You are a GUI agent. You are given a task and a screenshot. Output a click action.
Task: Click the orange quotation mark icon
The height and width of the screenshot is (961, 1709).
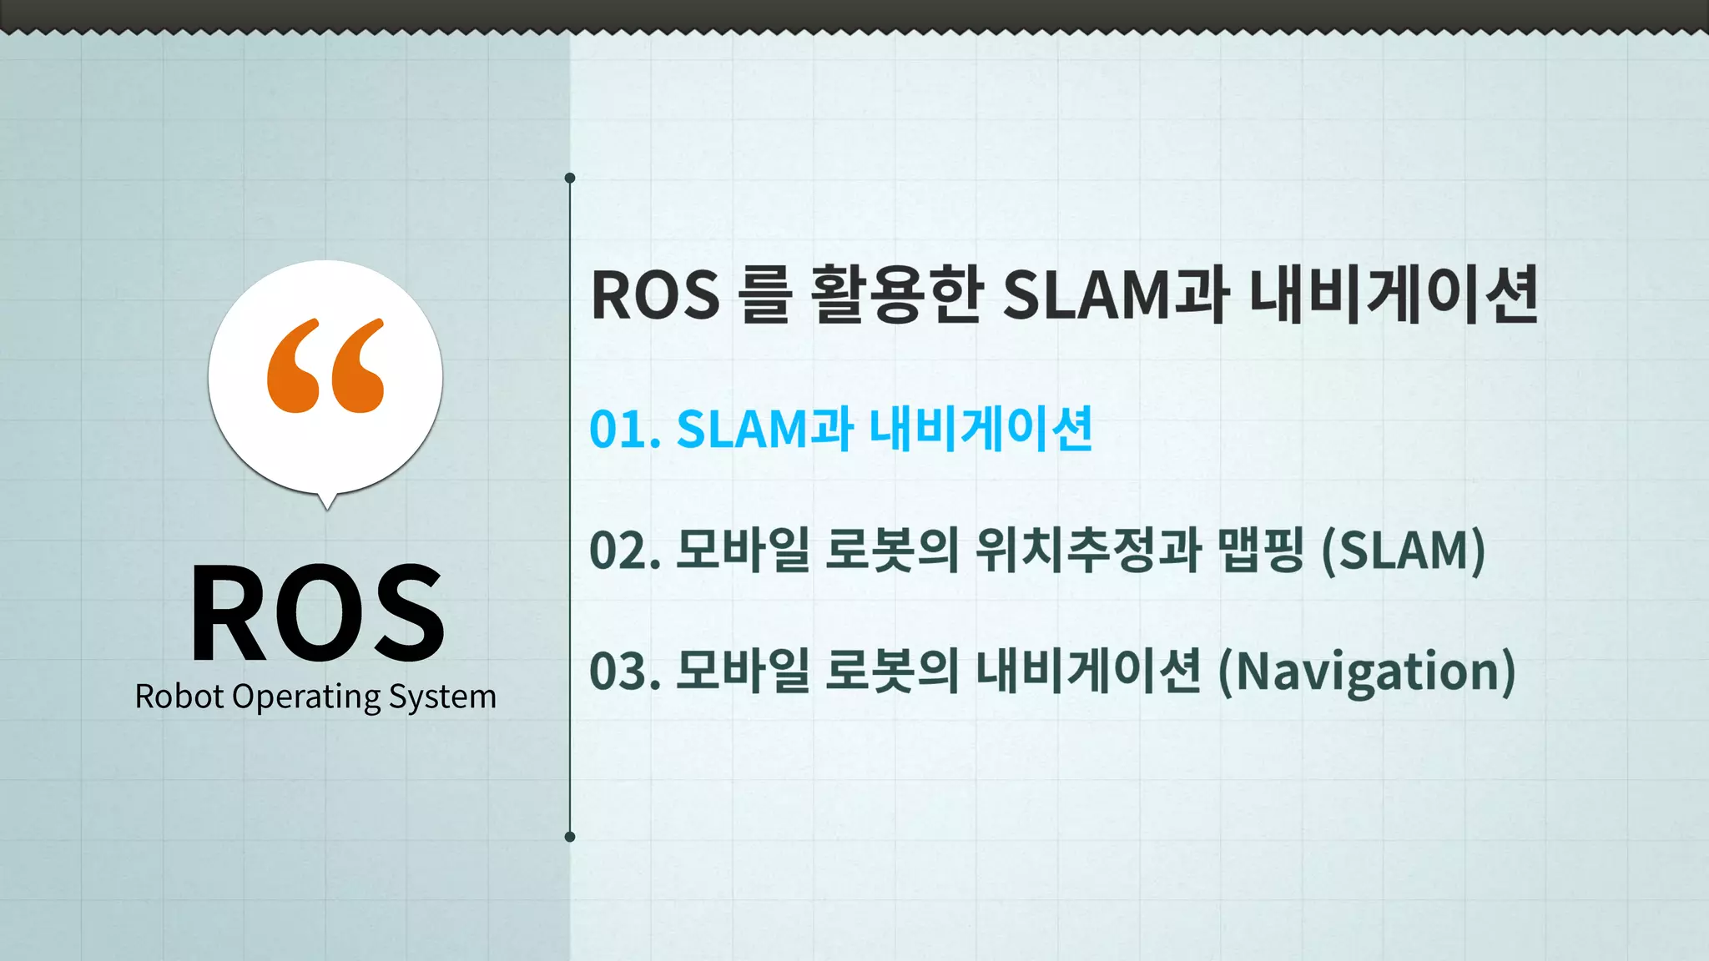(x=325, y=365)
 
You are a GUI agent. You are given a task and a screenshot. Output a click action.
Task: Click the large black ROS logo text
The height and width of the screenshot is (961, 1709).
(x=317, y=612)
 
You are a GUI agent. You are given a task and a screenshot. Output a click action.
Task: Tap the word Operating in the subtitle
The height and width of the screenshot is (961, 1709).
(x=306, y=697)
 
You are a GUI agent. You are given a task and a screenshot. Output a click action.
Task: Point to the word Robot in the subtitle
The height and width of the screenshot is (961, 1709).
(x=179, y=697)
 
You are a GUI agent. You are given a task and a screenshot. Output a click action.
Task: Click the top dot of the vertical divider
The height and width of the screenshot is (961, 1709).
(x=570, y=178)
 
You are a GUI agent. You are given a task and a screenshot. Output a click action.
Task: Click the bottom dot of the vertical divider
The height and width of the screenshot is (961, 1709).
(x=570, y=837)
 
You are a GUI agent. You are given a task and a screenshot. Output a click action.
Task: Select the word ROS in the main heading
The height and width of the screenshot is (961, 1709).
(x=655, y=295)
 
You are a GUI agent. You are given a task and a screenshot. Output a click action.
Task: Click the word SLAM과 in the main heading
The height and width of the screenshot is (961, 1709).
(x=1115, y=295)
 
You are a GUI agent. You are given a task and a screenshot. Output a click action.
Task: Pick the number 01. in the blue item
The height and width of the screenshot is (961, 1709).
(x=625, y=430)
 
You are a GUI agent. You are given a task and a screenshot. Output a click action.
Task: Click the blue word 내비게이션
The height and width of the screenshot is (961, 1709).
(x=981, y=430)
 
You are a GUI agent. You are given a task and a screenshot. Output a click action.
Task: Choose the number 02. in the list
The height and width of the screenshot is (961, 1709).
(x=625, y=551)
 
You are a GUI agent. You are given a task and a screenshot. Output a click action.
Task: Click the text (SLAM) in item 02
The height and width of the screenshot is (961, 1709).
(x=1404, y=551)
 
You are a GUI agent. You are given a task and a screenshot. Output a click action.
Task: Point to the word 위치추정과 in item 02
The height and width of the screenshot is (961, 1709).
(x=1088, y=551)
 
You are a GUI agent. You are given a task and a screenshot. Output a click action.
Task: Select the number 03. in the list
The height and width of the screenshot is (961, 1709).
(x=625, y=672)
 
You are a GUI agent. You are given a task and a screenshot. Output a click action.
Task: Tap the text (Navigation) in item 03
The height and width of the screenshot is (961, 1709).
(x=1367, y=672)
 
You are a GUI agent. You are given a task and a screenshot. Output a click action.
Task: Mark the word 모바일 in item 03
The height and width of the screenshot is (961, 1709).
(x=742, y=672)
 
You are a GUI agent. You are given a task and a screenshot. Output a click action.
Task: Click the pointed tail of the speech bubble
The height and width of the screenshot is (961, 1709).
(x=327, y=502)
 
